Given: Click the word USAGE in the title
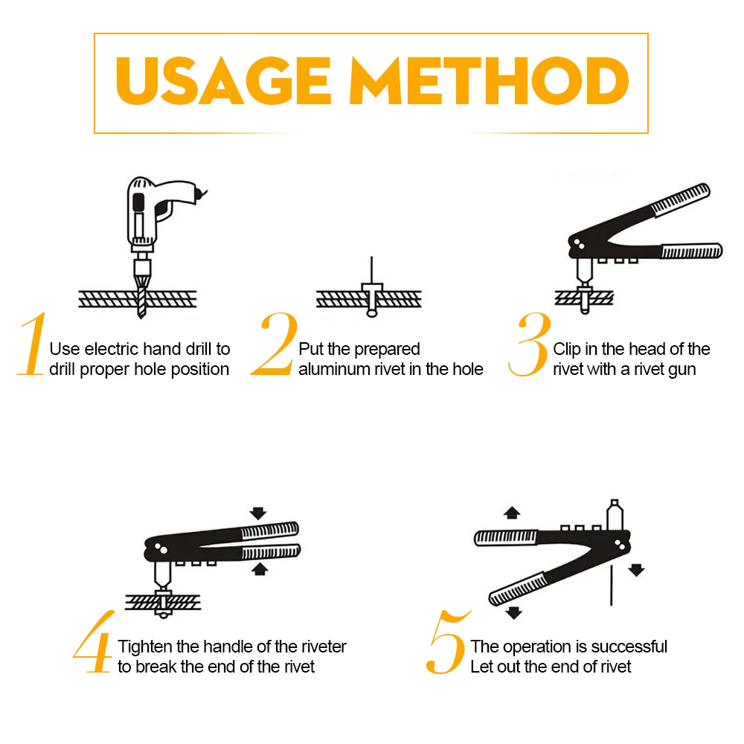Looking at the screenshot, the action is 223,80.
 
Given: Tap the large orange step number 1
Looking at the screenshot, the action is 32,344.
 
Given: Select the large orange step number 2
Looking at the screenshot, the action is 275,344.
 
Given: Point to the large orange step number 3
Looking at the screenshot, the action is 530,344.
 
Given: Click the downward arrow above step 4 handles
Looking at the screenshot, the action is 258,513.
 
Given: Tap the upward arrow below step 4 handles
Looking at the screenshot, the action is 259,569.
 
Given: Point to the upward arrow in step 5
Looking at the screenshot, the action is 512,513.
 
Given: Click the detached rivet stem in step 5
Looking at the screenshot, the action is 611,586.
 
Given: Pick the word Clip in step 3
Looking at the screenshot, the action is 566,350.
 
